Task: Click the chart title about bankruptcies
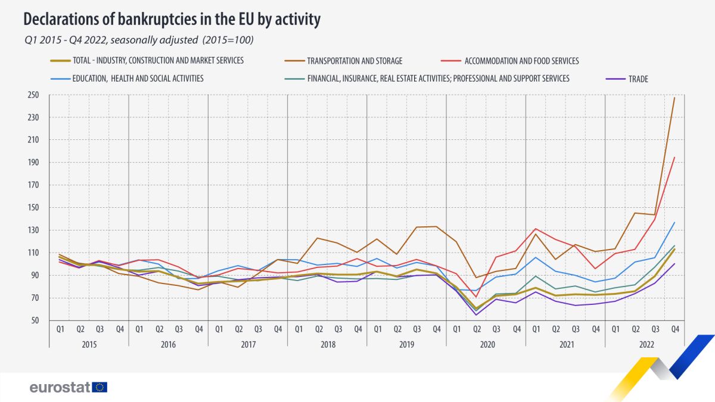[172, 20]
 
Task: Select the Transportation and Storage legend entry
[355, 61]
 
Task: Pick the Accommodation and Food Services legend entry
[522, 61]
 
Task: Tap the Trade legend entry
[637, 79]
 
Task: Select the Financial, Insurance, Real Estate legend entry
[438, 79]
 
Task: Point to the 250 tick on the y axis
[32, 95]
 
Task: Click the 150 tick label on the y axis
[32, 208]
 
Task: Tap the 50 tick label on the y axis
[34, 320]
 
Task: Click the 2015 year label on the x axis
[89, 344]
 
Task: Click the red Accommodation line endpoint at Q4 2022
[674, 157]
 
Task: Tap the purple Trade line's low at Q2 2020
[476, 314]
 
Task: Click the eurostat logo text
[60, 387]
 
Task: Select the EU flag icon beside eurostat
[100, 387]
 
